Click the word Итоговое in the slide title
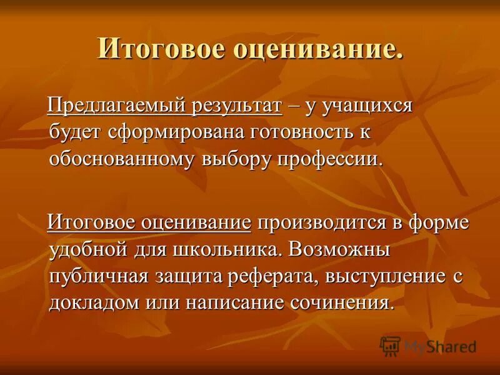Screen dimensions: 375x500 pos(154,49)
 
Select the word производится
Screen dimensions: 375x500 pos(319,223)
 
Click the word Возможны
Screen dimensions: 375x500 pos(343,249)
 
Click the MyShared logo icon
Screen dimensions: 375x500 pos(390,346)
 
